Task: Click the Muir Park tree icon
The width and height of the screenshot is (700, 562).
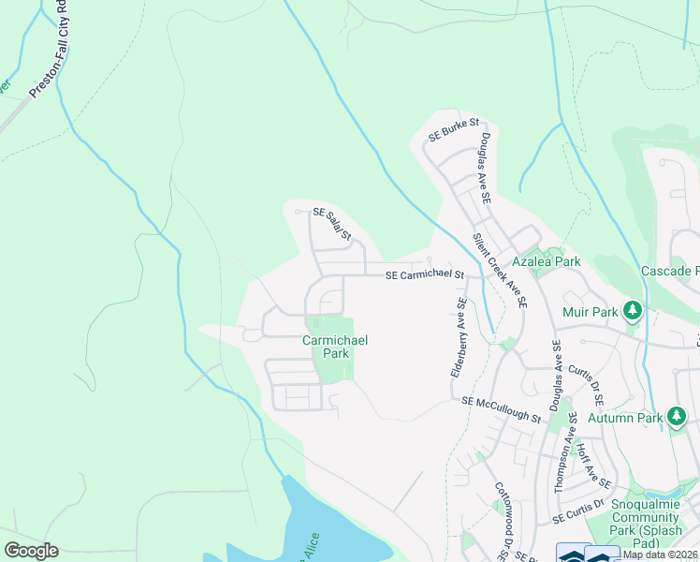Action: coord(633,309)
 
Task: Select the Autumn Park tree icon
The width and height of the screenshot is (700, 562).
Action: coord(678,417)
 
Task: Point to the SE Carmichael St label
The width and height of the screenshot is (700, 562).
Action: coord(425,274)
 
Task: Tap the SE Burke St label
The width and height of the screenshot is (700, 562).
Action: coord(453,130)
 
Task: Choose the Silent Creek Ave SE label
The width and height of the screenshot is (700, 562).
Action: coord(500,272)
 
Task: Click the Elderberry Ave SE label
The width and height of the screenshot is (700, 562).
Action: coord(459,337)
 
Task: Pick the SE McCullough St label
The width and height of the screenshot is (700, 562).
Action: coord(502,407)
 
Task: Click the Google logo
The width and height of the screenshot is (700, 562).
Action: coord(31,551)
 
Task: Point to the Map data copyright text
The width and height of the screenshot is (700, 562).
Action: coord(661,555)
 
